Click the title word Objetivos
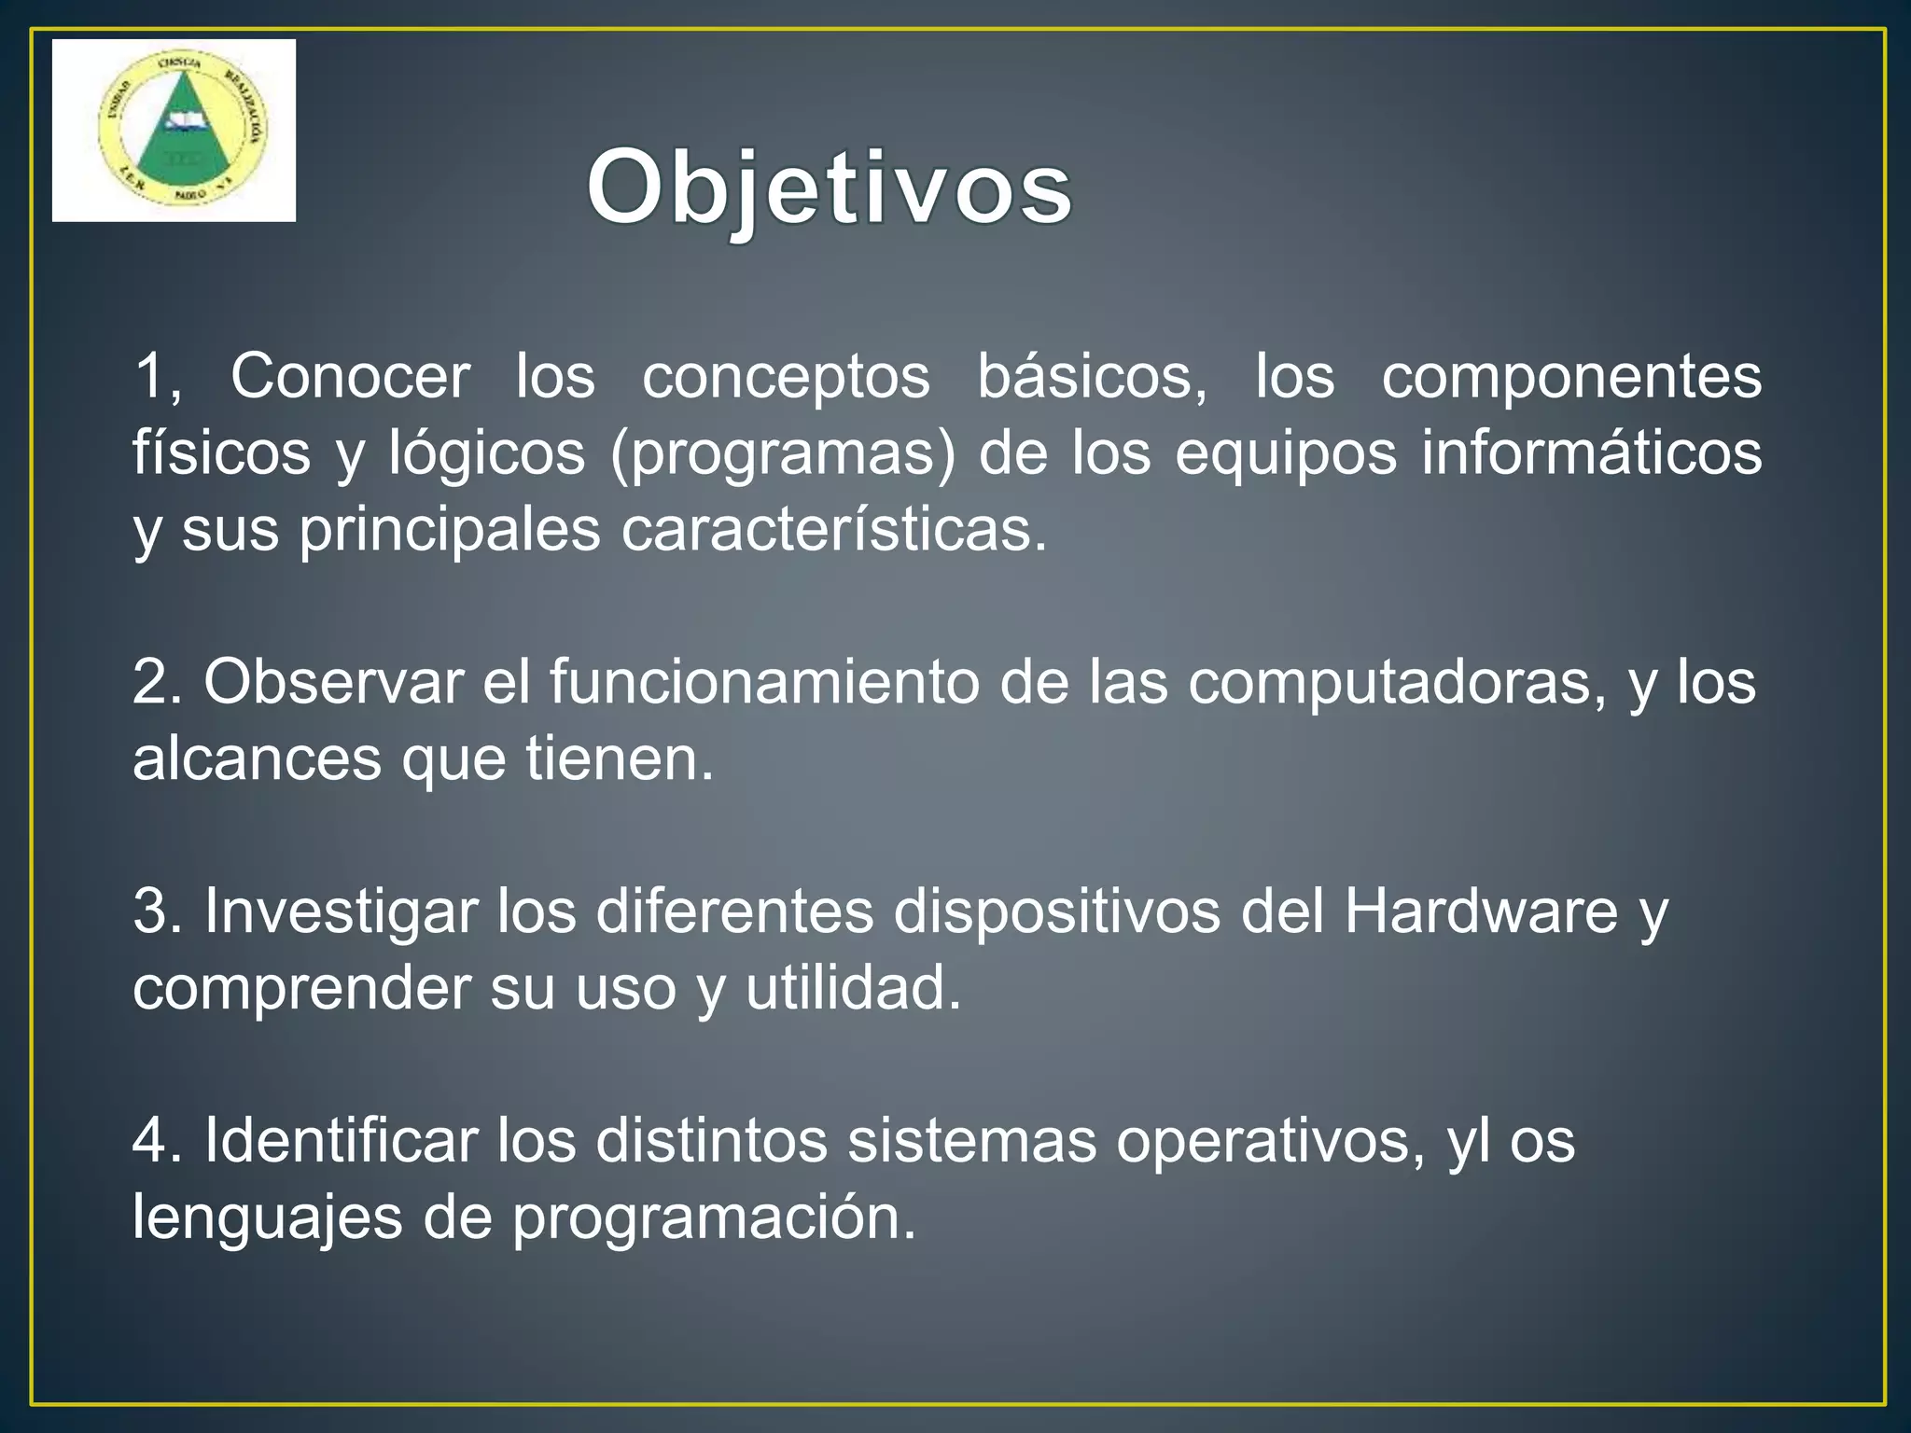pyautogui.click(x=829, y=190)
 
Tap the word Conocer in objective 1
pyautogui.click(x=350, y=377)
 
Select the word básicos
pyautogui.click(x=1092, y=377)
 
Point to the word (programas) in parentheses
pyautogui.click(x=783, y=454)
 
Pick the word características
pyautogui.click(x=834, y=530)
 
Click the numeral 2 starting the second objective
pyautogui.click(x=150, y=682)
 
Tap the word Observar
pyautogui.click(x=334, y=682)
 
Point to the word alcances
pyautogui.click(x=257, y=758)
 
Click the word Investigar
pyautogui.click(x=341, y=911)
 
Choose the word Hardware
pyautogui.click(x=1481, y=911)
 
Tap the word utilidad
pyautogui.click(x=853, y=988)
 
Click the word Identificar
pyautogui.click(x=341, y=1141)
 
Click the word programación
pyautogui.click(x=714, y=1219)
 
